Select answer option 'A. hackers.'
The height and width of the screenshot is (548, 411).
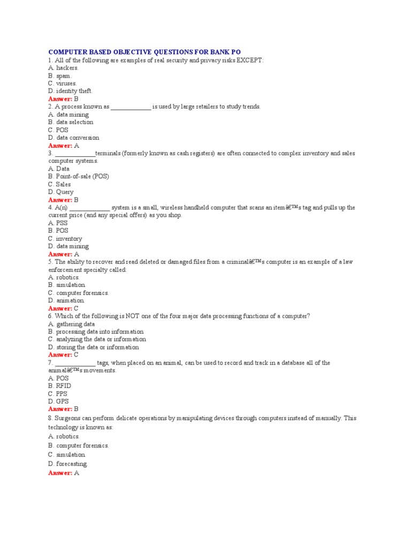pyautogui.click(x=63, y=68)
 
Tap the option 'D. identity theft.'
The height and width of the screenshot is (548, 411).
pyautogui.click(x=70, y=91)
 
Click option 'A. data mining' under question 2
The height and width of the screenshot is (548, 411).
pyautogui.click(x=68, y=115)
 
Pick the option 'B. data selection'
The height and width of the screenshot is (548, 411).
pyautogui.click(x=71, y=122)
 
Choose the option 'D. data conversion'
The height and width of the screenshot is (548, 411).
pyautogui.click(x=74, y=138)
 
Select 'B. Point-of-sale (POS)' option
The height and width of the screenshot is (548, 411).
pyautogui.click(x=79, y=176)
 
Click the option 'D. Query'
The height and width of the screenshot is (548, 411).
pyautogui.click(x=61, y=192)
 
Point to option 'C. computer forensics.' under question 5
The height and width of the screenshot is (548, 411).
pyautogui.click(x=79, y=293)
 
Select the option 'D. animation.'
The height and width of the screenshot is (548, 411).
pyautogui.click(x=66, y=301)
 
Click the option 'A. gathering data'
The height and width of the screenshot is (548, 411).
pyautogui.click(x=72, y=324)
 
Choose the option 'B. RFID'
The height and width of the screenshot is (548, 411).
pyautogui.click(x=59, y=385)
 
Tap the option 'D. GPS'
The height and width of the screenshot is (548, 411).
pyautogui.click(x=58, y=401)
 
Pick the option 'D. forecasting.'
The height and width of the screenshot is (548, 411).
pyautogui.click(x=68, y=463)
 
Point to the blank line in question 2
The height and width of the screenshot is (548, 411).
pyautogui.click(x=131, y=107)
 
